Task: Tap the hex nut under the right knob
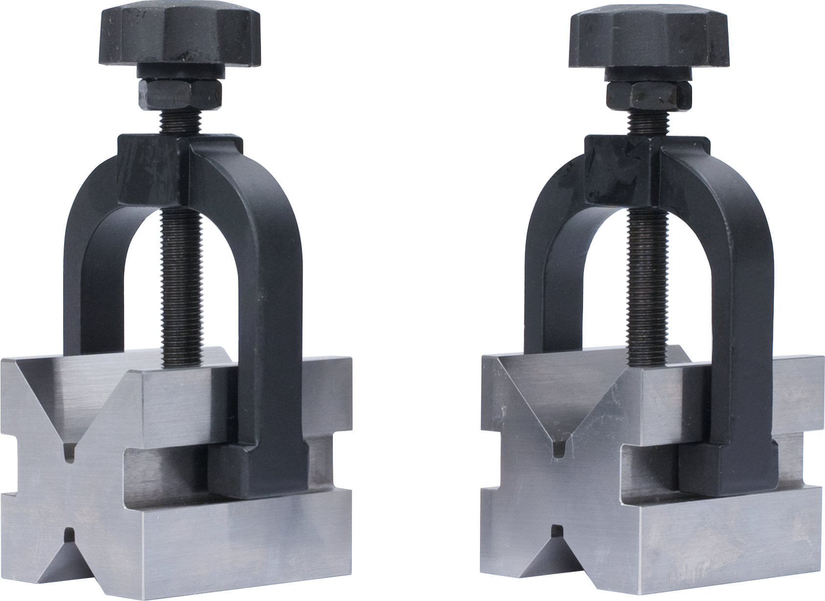pyautogui.click(x=649, y=96)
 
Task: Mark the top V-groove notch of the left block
pyautogui.click(x=69, y=442)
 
